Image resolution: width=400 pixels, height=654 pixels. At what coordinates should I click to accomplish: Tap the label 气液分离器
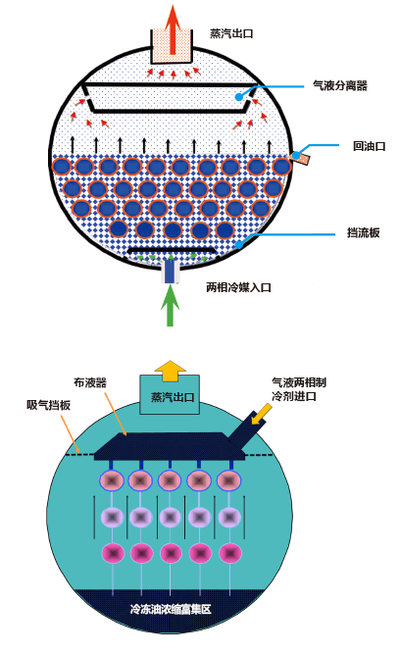tap(340, 86)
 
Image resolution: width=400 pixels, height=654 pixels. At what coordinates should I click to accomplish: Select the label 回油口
tap(369, 146)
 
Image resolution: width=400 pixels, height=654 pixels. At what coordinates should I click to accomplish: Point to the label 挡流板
tap(363, 232)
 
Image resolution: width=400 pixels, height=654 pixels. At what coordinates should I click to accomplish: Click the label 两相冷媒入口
tap(238, 287)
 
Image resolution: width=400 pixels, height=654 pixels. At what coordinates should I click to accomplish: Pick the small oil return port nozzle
tap(301, 158)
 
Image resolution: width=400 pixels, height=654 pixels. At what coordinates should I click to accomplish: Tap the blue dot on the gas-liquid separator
tap(238, 97)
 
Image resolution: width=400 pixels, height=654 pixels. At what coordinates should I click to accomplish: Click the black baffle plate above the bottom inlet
tap(172, 250)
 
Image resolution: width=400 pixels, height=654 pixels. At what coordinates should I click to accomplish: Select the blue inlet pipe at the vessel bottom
tap(170, 271)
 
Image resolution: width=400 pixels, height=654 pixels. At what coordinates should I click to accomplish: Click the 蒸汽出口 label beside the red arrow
tap(231, 33)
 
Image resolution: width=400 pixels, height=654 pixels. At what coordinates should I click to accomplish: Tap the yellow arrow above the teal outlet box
tap(170, 371)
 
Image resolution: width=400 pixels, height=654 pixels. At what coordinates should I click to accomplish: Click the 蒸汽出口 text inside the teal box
tap(173, 397)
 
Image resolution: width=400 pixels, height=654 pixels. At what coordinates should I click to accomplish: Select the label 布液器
tap(90, 383)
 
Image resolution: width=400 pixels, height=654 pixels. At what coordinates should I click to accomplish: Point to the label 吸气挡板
tap(48, 405)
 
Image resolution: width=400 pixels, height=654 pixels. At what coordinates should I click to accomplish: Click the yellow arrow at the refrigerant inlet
tap(262, 414)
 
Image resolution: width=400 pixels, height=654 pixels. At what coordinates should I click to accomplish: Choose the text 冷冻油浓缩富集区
tap(171, 609)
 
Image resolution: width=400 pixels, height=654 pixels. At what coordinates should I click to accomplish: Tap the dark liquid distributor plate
tap(169, 447)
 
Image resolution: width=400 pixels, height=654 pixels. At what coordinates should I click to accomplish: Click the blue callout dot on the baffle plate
tap(238, 244)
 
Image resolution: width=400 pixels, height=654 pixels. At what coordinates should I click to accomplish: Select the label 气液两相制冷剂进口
tap(299, 389)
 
